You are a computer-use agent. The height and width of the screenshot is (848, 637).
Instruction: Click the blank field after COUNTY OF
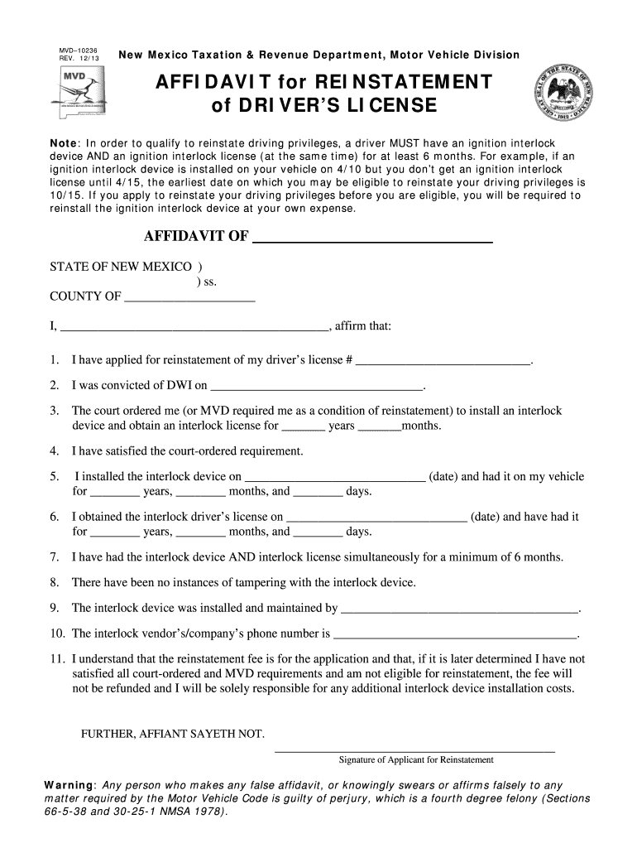[x=189, y=298]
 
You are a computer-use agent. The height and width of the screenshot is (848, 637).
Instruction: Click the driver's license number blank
[x=443, y=362]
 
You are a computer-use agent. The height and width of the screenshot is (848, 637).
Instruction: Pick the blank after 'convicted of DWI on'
[x=317, y=387]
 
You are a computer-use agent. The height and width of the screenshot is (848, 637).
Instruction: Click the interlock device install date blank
[x=335, y=478]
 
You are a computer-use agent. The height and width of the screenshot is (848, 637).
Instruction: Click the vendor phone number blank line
[x=455, y=636]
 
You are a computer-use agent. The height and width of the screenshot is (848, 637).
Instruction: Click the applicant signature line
[x=414, y=749]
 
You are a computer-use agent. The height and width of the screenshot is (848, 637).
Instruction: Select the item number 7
[x=54, y=557]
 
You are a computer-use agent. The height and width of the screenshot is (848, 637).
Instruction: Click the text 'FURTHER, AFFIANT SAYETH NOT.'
[x=172, y=734]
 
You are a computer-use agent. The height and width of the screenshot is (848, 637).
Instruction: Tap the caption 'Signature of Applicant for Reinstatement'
[x=416, y=759]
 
